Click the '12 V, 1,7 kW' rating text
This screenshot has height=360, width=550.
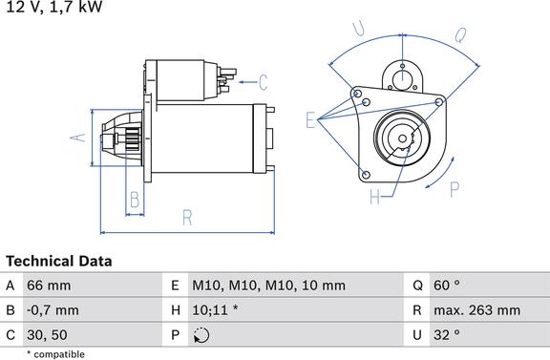click(x=54, y=7)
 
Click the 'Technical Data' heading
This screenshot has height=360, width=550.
click(x=59, y=261)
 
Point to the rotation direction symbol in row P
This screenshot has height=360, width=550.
click(x=201, y=335)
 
